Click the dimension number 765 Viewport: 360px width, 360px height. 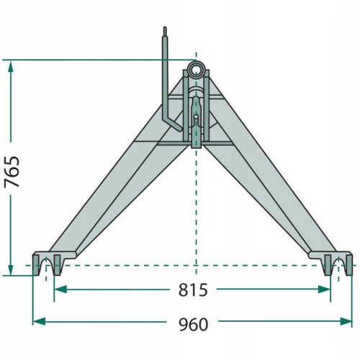click(x=12, y=171)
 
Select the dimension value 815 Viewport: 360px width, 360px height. click(x=193, y=290)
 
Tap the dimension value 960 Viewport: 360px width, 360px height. click(x=194, y=325)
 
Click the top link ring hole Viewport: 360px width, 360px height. click(x=196, y=68)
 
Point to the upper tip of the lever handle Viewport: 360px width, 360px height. click(x=165, y=27)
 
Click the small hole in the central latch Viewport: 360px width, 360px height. click(x=196, y=117)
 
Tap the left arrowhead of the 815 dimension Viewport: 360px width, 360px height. click(x=60, y=289)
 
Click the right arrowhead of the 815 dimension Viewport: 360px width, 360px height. click(x=324, y=289)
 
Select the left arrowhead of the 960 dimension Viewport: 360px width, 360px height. click(x=39, y=321)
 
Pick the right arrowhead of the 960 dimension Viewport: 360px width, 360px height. click(x=346, y=321)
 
